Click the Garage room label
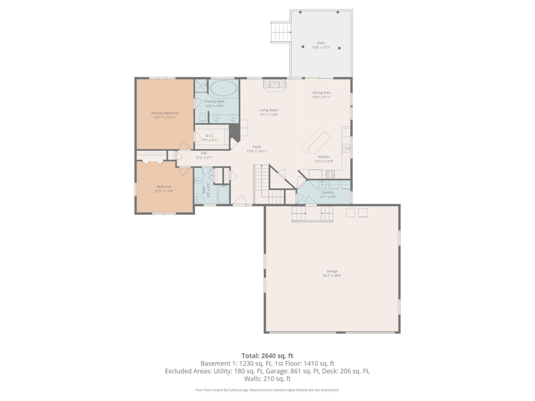332,271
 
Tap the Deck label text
321,43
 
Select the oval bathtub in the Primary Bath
223,88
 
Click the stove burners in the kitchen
330,175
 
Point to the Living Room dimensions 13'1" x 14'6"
269,115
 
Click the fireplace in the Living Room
275,85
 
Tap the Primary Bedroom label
165,113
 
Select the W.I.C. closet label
210,136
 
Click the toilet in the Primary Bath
203,118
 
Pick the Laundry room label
328,192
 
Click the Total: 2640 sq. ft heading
267,356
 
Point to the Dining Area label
322,93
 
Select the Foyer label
257,147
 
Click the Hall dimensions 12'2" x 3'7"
204,158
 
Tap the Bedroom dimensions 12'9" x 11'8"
164,191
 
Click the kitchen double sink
346,148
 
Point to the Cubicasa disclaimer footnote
267,390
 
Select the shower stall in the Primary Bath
201,86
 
